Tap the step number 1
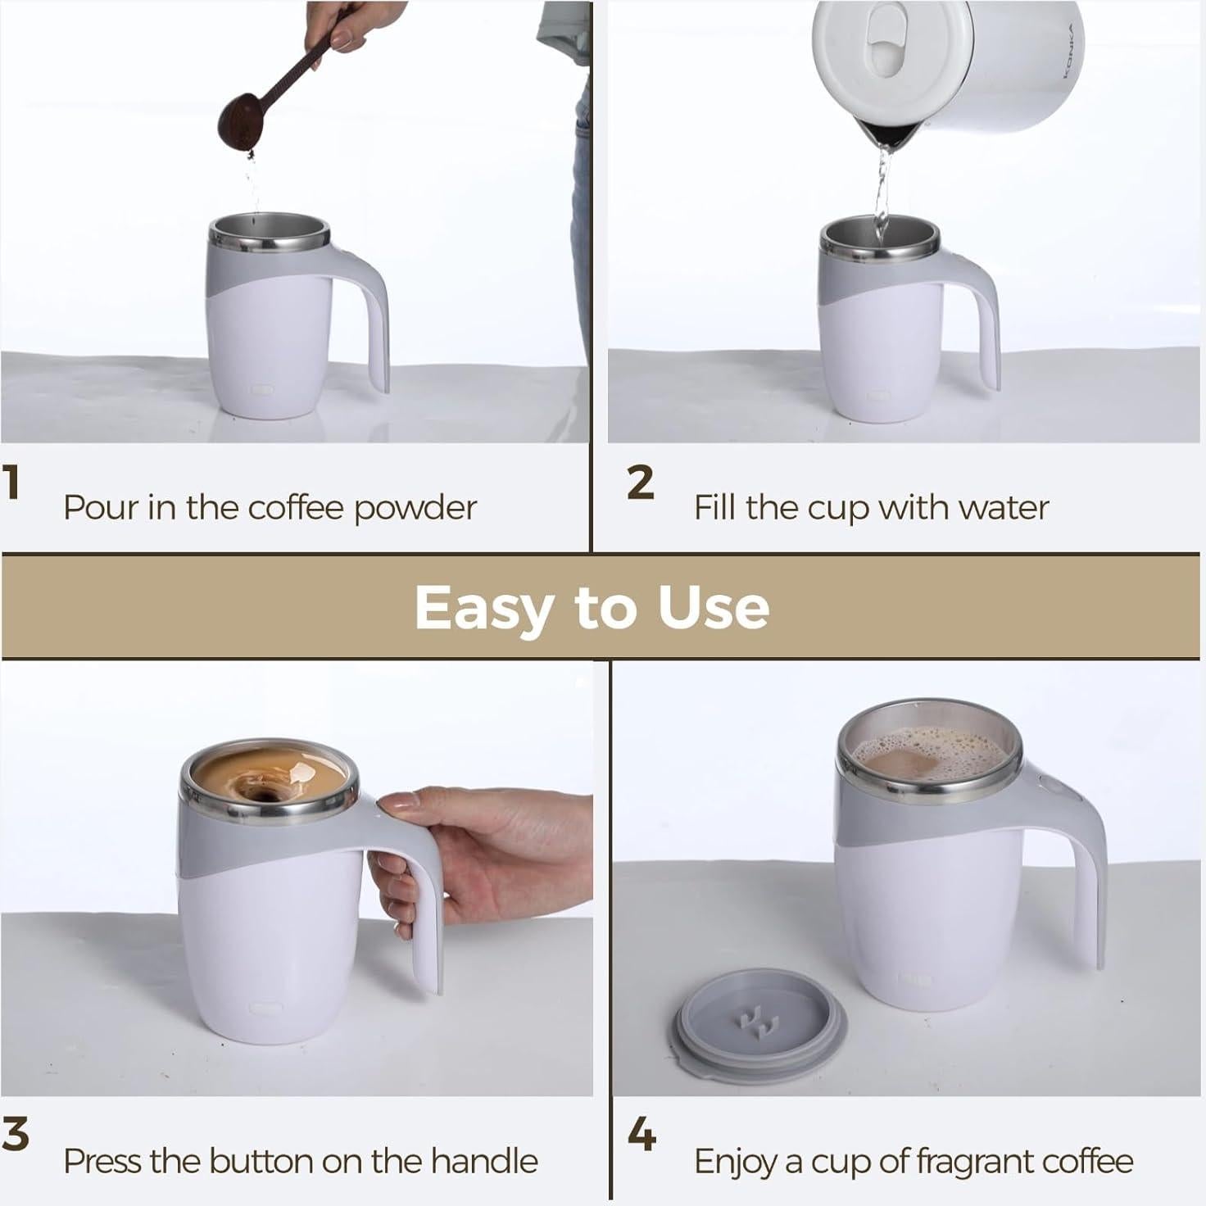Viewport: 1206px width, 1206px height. pyautogui.click(x=11, y=483)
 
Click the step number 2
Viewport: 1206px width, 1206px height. pyautogui.click(x=641, y=483)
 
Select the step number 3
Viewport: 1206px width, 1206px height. pyautogui.click(x=15, y=1136)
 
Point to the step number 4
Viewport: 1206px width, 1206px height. pyautogui.click(x=642, y=1136)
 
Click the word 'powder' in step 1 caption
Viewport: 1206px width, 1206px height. pyautogui.click(x=415, y=509)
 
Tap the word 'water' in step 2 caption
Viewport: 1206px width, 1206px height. pyautogui.click(x=1004, y=508)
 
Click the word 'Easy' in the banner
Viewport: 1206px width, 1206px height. pyautogui.click(x=483, y=608)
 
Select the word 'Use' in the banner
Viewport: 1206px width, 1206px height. pyautogui.click(x=714, y=608)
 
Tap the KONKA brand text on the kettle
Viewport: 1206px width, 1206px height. pyautogui.click(x=1073, y=49)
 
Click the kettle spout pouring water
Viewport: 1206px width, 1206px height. pyautogui.click(x=881, y=139)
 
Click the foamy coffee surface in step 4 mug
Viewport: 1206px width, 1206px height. pyautogui.click(x=930, y=750)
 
